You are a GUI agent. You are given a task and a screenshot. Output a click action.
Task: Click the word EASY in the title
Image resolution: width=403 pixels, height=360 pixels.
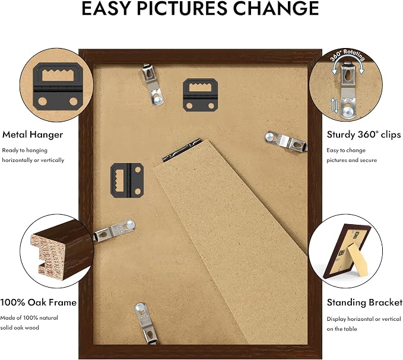pyautogui.click(x=106, y=8)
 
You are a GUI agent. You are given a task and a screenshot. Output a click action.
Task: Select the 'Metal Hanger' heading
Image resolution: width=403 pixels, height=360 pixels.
pyautogui.click(x=33, y=135)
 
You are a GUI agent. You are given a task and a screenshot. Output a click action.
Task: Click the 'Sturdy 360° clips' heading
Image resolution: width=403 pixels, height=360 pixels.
pyautogui.click(x=363, y=134)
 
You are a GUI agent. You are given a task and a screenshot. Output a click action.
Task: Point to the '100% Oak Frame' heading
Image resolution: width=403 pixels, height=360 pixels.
pyautogui.click(x=39, y=302)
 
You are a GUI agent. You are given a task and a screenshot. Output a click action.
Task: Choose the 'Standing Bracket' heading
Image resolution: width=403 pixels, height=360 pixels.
pyautogui.click(x=364, y=302)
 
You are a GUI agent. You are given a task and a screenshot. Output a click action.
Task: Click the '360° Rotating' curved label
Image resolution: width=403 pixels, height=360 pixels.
pyautogui.click(x=347, y=55)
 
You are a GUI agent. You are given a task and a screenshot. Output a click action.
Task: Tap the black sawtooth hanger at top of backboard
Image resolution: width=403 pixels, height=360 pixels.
pyautogui.click(x=201, y=95)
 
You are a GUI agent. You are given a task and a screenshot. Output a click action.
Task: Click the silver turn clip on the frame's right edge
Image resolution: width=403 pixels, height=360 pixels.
pyautogui.click(x=286, y=141)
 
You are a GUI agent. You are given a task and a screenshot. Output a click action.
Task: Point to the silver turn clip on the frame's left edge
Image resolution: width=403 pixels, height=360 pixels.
pyautogui.click(x=114, y=231)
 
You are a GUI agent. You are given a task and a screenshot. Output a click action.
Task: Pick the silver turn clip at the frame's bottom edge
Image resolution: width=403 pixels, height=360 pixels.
pyautogui.click(x=146, y=323)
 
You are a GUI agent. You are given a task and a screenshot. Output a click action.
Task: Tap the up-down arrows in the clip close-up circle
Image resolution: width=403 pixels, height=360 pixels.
pyautogui.click(x=335, y=106)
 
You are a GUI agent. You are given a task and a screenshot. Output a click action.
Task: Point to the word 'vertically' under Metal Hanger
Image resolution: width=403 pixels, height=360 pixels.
pyautogui.click(x=52, y=160)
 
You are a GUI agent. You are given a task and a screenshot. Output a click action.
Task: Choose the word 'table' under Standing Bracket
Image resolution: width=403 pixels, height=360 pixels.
pyautogui.click(x=350, y=329)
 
